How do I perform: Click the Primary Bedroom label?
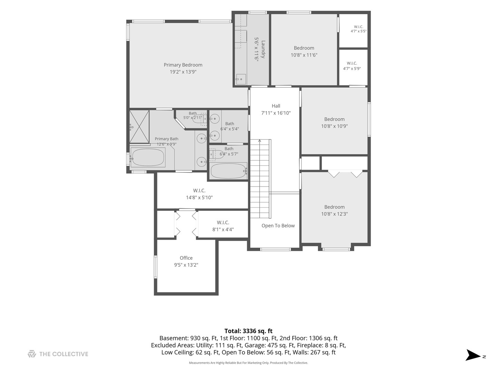tap(183, 65)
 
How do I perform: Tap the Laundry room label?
tap(263, 49)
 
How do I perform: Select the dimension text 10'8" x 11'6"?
tap(304, 55)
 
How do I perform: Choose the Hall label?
tap(276, 106)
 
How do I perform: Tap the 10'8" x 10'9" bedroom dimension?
tap(334, 126)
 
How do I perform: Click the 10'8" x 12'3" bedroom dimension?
tap(334, 214)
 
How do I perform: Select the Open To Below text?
tap(278, 226)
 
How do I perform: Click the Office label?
tap(186, 258)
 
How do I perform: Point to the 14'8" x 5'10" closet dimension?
tap(199, 198)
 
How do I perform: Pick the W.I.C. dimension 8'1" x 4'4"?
tap(223, 229)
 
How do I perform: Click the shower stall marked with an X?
tap(139, 127)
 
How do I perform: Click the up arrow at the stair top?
tap(260, 141)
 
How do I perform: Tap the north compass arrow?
tap(473, 355)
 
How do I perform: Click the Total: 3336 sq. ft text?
tap(248, 331)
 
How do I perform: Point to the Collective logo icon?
tap(32, 354)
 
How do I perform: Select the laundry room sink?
tap(241, 79)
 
